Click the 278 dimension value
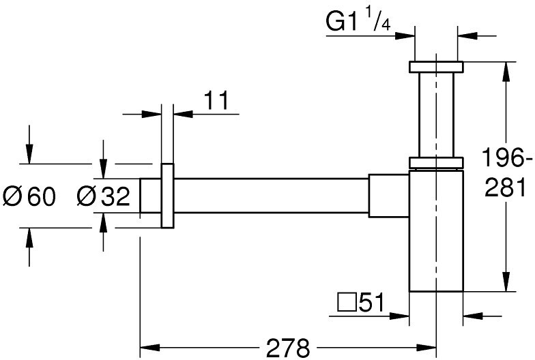[288, 348]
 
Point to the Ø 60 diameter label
[29, 196]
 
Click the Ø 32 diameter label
[104, 196]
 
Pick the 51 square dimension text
[371, 301]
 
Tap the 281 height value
[505, 188]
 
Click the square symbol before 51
[347, 301]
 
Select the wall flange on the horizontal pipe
[168, 195]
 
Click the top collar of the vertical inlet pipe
[436, 67]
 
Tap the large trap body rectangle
[436, 230]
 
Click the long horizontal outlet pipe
[272, 195]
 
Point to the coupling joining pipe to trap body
[389, 195]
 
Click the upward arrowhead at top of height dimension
[506, 72]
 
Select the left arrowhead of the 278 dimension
[150, 348]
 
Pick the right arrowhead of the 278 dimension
[426, 348]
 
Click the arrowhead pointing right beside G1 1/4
[405, 35]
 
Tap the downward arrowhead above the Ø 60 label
[29, 154]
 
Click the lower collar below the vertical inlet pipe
[436, 163]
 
